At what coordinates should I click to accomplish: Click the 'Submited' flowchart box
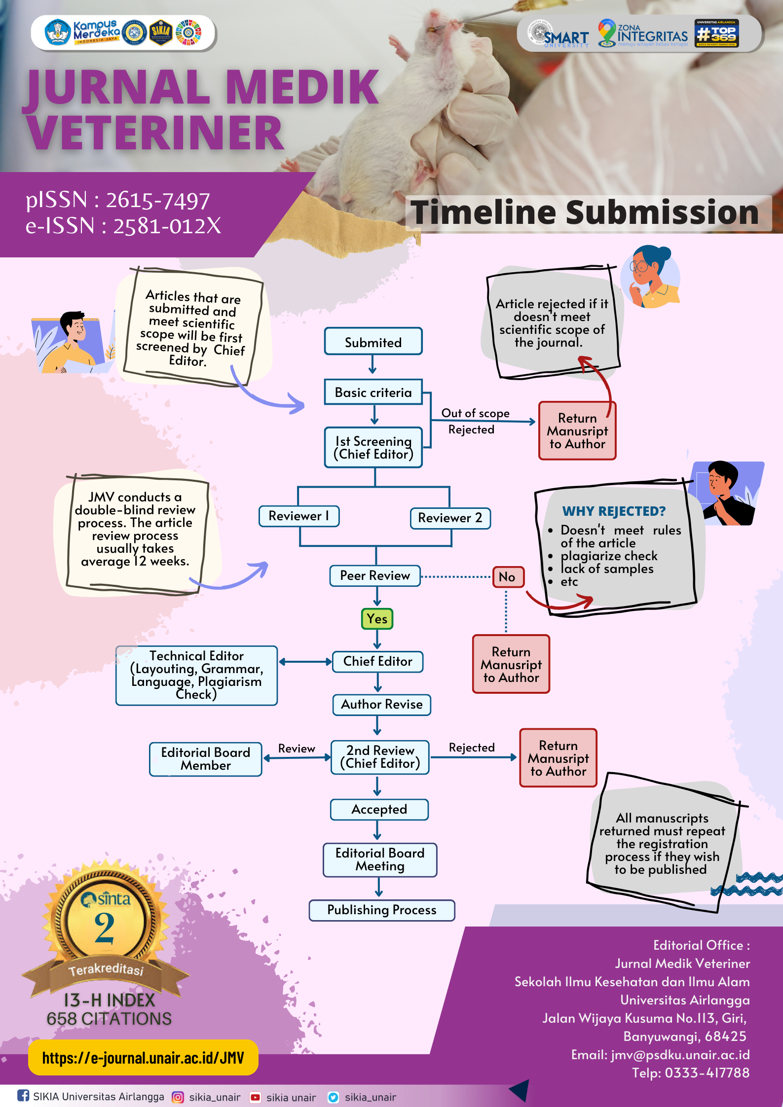373,341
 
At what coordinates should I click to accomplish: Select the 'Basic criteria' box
373,392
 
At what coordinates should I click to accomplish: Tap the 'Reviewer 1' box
299,516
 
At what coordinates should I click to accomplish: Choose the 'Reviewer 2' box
450,518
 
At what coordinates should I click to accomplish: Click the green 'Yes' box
377,619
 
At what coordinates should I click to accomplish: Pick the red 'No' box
507,577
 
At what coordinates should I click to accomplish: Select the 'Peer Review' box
375,575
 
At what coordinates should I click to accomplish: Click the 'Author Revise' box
381,704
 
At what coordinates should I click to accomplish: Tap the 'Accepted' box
379,809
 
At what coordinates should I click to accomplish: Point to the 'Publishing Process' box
381,910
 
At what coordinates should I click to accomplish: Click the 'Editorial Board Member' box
205,759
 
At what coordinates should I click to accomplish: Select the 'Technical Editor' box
196,675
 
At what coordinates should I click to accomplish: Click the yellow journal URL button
143,1057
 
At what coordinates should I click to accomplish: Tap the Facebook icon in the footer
23,1095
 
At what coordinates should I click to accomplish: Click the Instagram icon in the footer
178,1097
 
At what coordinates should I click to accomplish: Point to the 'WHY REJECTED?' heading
614,511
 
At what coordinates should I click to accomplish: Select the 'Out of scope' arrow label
475,413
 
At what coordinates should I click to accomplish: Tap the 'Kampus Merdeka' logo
83,33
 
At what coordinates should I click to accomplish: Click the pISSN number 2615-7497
158,200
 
